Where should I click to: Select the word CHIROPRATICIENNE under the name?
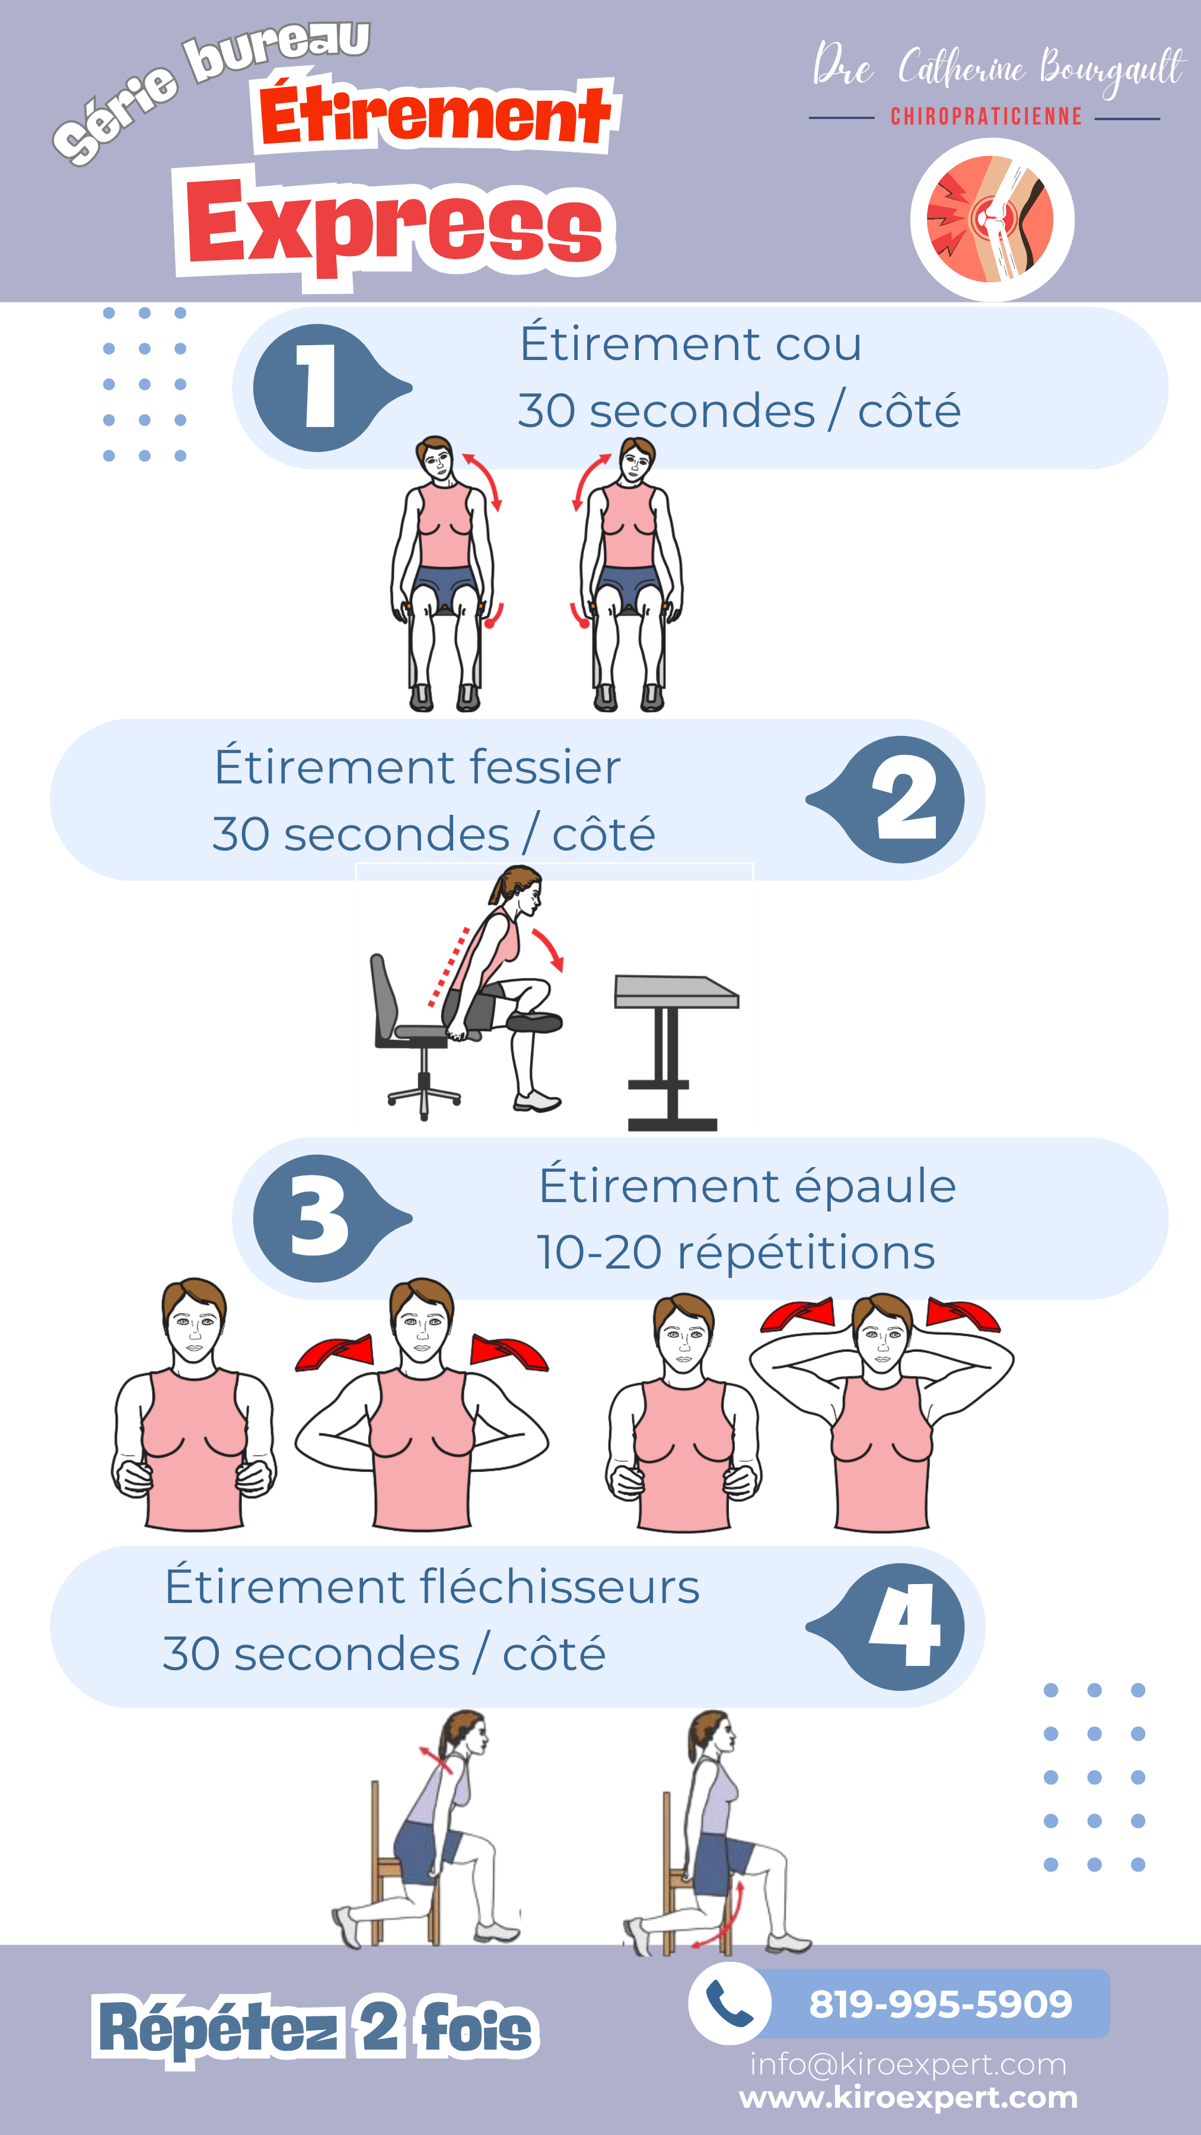point(986,117)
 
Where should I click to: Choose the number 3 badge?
point(320,1218)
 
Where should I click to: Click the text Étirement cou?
point(690,344)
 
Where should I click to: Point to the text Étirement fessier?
point(417,767)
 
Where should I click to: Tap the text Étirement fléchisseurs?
point(432,1586)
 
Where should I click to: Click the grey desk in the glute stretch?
point(675,991)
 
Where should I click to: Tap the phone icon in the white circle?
point(728,2004)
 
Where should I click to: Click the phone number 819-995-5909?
point(940,2004)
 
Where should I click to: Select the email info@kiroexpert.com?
point(907,2064)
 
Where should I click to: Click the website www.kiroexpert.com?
point(907,2097)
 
